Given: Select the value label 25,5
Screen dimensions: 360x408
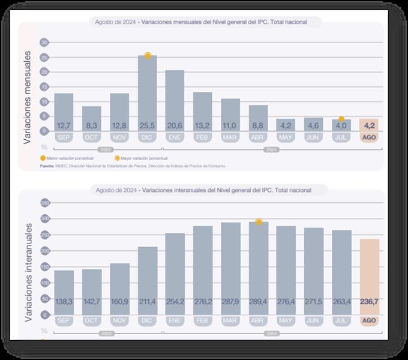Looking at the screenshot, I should [148, 125].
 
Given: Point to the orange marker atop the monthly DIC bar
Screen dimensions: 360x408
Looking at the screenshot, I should [148, 56].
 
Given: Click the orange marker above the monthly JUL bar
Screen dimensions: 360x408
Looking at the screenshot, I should [341, 119].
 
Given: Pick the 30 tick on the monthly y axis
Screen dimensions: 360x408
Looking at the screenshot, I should [44, 43].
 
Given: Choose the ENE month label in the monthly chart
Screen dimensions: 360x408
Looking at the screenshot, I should [175, 137].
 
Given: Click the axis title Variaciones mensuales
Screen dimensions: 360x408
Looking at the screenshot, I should [27, 97].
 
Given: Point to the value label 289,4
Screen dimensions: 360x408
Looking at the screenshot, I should [258, 302].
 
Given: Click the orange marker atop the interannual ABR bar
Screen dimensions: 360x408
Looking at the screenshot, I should [259, 222].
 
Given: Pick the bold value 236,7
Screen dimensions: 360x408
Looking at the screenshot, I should [369, 302].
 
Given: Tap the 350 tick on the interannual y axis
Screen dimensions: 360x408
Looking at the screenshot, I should [44, 203].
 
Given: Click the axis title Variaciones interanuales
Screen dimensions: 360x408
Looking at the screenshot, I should [28, 271].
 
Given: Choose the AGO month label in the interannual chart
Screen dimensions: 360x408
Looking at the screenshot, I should [369, 320].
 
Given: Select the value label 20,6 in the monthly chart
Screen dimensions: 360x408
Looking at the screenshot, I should [175, 125].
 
